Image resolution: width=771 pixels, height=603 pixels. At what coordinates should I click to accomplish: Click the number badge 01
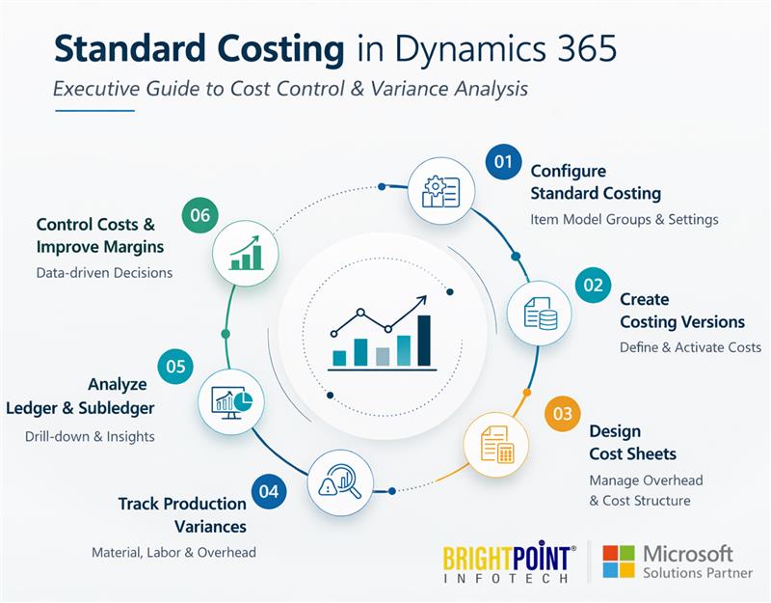(502, 162)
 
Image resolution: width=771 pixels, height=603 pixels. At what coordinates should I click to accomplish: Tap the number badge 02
(593, 285)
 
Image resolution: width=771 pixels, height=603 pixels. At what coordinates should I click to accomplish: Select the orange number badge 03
(562, 414)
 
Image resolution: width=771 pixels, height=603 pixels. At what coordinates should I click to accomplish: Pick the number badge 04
(269, 491)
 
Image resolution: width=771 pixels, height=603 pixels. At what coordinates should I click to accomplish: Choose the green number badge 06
(199, 215)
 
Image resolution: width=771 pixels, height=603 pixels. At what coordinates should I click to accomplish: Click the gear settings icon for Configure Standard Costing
(441, 190)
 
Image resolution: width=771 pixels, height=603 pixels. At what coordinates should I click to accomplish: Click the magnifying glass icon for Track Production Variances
(340, 482)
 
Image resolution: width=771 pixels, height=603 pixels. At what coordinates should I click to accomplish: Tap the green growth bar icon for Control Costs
(245, 254)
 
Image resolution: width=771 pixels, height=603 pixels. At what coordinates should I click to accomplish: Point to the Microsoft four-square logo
(618, 562)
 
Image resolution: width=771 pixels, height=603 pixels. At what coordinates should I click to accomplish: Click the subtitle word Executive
(95, 89)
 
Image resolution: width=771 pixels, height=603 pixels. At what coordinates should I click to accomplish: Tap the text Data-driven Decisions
(104, 272)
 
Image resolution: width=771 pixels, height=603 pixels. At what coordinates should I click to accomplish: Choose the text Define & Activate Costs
(690, 347)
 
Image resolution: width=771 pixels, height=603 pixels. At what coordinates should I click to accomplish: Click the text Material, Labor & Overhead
(173, 553)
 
